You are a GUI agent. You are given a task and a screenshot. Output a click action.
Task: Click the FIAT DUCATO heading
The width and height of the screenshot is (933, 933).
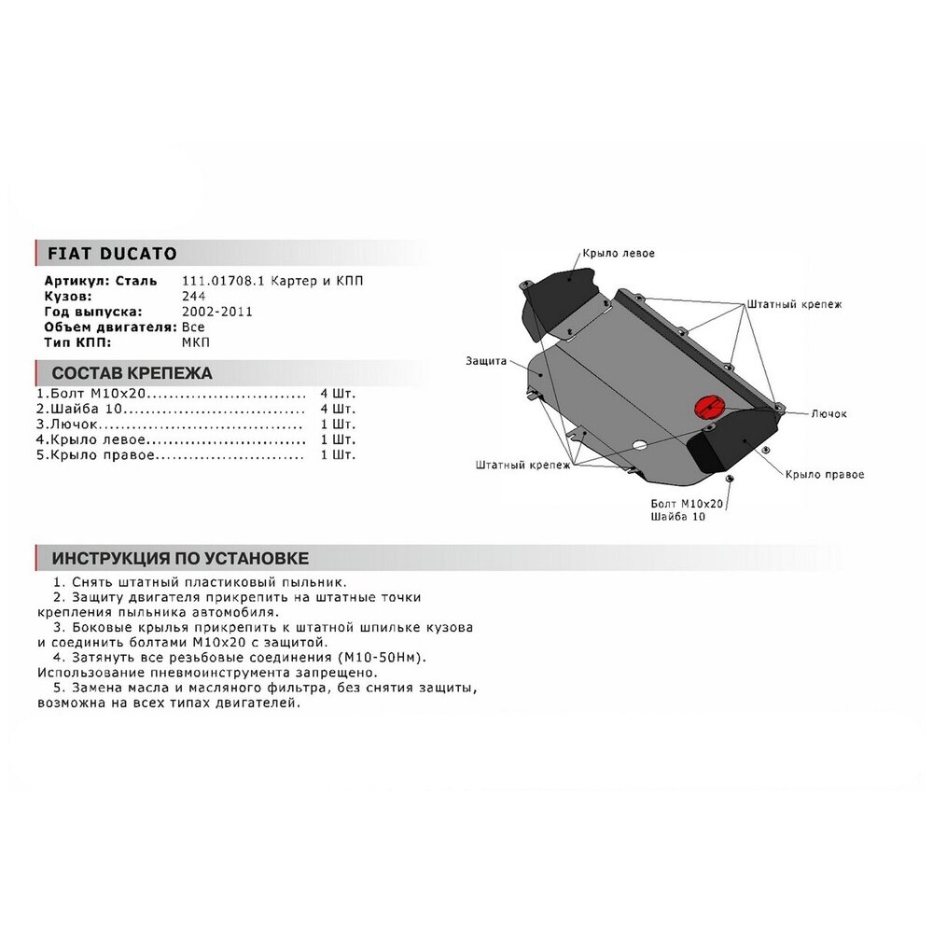coord(112,254)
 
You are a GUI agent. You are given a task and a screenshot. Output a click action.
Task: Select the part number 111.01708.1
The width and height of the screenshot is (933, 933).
coord(223,281)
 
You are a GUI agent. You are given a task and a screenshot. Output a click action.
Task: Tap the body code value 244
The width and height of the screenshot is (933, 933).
coord(194,297)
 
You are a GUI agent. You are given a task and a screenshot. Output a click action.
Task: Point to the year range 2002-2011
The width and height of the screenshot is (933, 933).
coord(217,312)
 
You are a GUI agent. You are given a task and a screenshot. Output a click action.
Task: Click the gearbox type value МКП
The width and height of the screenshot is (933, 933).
coord(196,342)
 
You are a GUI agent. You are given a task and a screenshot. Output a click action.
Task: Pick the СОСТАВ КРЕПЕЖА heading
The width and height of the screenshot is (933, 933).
coord(132,373)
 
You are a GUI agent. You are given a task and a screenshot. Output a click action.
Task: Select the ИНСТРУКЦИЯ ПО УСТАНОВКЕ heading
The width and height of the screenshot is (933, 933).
coord(180,558)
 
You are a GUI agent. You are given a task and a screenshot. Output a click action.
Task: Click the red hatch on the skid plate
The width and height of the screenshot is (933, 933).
coord(708,407)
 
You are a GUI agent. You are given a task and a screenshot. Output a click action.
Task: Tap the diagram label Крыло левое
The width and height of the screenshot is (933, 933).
coord(619,254)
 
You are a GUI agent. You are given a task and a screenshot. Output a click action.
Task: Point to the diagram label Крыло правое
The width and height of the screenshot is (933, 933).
coord(824,474)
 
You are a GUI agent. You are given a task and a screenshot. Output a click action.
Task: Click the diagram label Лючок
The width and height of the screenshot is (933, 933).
coord(829,413)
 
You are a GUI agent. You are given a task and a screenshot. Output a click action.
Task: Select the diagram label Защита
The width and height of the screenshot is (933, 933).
coord(486,361)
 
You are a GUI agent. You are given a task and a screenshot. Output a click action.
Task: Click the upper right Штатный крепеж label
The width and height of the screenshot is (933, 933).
coord(794,305)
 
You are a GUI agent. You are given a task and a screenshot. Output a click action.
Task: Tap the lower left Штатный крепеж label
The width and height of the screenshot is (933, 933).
coord(523,465)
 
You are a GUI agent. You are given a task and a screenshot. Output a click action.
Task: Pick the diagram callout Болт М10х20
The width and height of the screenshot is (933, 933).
coord(687,504)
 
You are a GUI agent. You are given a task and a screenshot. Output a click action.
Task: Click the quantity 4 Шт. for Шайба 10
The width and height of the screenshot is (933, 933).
coord(338,409)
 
